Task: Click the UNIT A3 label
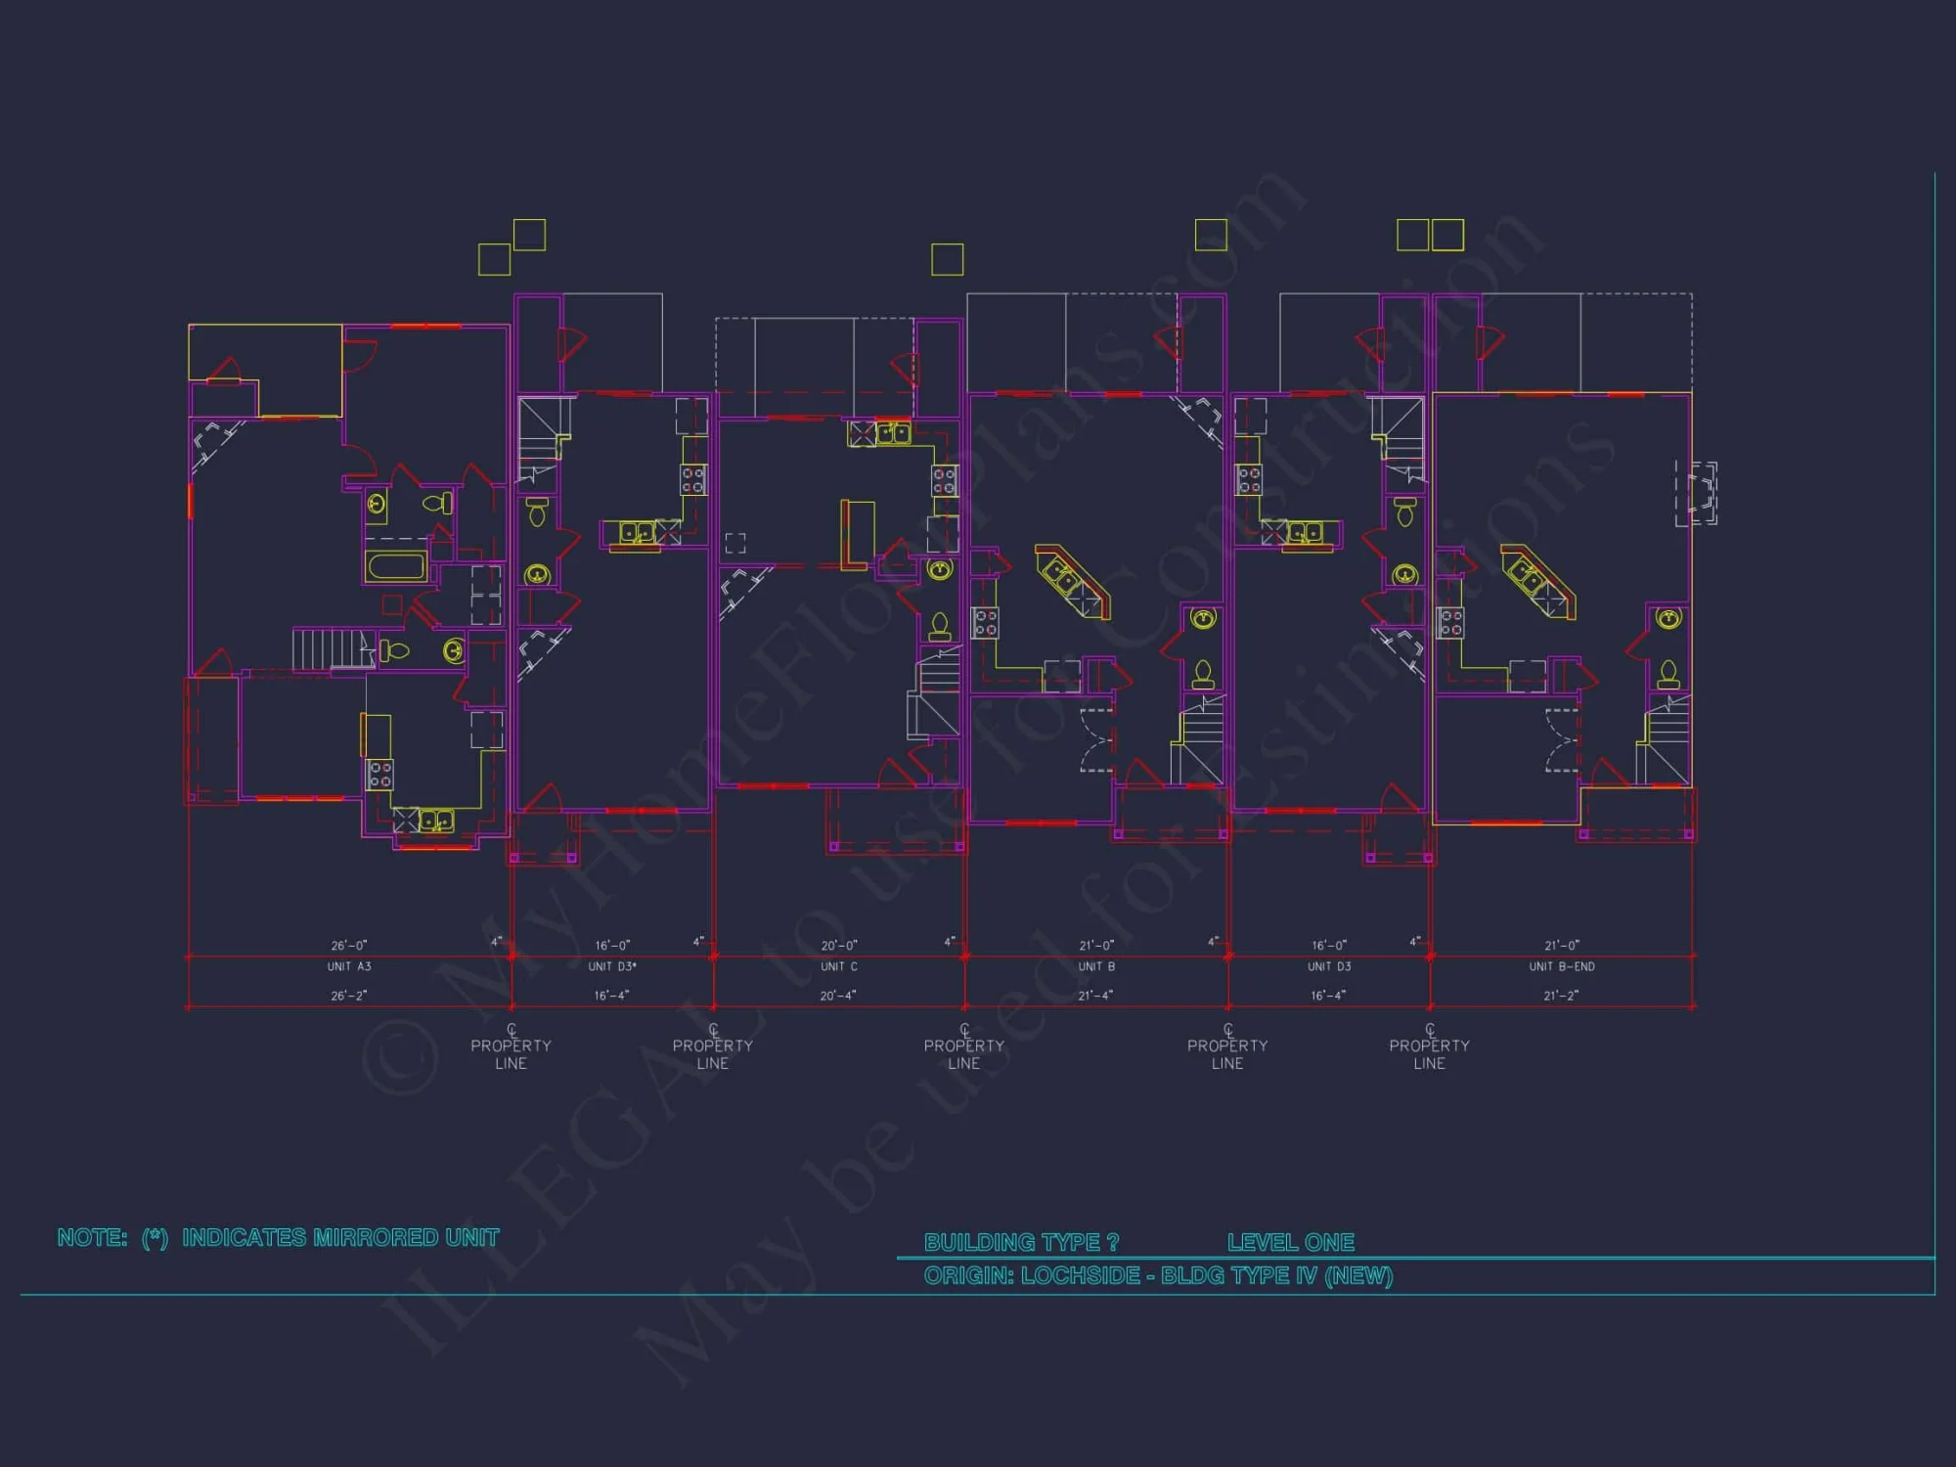coord(349,966)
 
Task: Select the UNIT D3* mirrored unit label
coord(612,966)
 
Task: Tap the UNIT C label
coord(839,966)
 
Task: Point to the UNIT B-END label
coord(1562,966)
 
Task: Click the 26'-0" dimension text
coord(349,945)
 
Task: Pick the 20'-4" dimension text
coord(838,996)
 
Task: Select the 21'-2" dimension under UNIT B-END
coord(1561,996)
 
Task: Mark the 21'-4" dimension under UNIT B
coord(1095,996)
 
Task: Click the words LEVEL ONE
coord(1291,1242)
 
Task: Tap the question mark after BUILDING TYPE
coord(1113,1242)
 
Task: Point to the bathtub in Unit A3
coord(396,566)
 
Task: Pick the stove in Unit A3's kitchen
coord(379,775)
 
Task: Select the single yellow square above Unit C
coord(947,259)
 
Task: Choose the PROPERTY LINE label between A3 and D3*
coord(511,1053)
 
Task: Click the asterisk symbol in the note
coord(156,1237)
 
